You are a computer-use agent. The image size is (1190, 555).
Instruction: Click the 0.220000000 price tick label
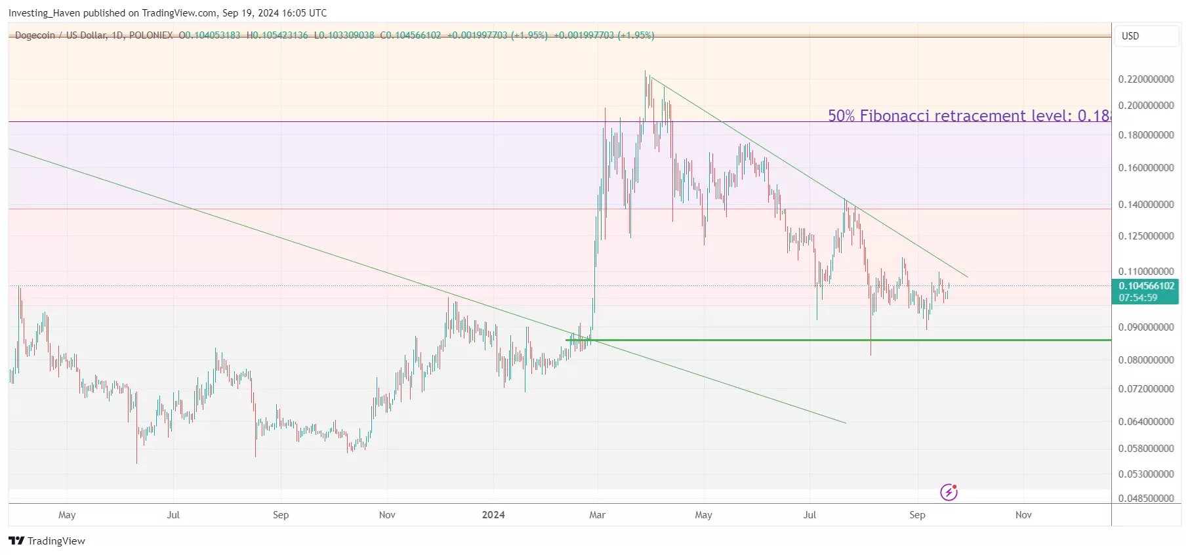pos(1145,79)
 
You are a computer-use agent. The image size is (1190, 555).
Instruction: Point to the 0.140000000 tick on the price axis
pos(1145,205)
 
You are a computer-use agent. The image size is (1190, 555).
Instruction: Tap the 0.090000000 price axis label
pos(1145,327)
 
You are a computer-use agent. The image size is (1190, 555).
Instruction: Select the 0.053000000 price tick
pos(1145,474)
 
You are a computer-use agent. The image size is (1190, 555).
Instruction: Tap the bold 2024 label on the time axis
pos(493,515)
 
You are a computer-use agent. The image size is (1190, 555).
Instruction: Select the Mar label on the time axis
pos(597,515)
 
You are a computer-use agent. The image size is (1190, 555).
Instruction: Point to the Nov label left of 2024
pos(387,515)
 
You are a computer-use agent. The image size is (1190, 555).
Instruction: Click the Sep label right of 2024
pos(917,515)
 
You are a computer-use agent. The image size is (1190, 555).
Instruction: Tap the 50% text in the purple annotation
pos(841,116)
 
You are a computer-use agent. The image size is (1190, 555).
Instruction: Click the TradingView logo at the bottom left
pos(47,541)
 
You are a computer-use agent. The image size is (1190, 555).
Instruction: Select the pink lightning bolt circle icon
pos(949,492)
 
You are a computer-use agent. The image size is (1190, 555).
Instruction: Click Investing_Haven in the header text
pos(44,13)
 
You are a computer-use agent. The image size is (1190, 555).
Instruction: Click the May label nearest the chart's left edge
pos(67,515)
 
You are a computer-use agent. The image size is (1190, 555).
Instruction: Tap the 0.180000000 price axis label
pos(1145,135)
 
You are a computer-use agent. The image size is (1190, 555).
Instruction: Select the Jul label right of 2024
pos(810,515)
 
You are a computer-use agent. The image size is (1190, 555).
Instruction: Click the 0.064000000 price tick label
pos(1145,422)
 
